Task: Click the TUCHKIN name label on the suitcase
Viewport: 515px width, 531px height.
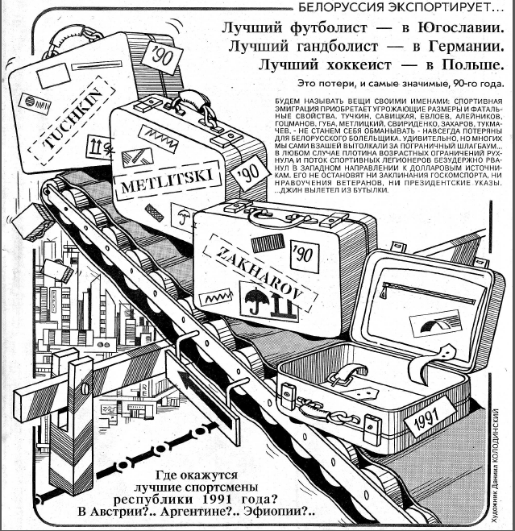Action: click(x=63, y=127)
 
